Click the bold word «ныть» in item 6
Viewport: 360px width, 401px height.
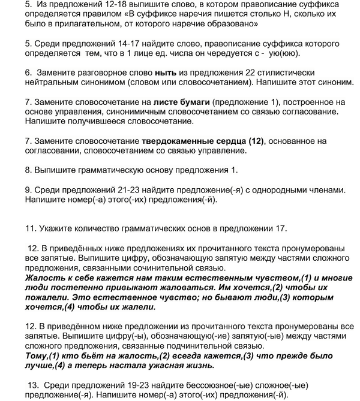tap(164, 71)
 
